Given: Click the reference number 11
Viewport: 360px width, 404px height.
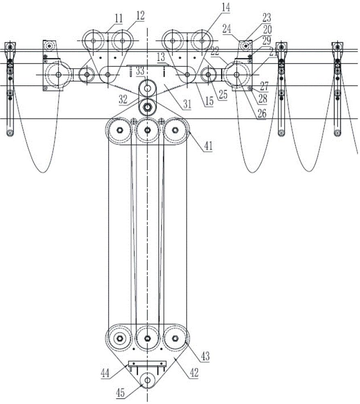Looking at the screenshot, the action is pos(119,19).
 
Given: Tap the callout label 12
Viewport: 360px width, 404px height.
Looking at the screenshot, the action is pos(140,16).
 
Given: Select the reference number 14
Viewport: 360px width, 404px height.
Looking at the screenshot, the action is pos(226,7).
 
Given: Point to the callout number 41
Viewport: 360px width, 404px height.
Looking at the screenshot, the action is pos(208,146).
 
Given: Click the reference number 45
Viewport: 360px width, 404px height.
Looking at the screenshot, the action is pos(121,392).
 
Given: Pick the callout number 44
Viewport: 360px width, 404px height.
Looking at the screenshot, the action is pos(105,373).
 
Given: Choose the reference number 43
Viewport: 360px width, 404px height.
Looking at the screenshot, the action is pos(205,356).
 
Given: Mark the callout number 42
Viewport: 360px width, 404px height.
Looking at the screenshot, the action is pos(194,372).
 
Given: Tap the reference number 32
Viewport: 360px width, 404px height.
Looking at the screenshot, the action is pos(123,99).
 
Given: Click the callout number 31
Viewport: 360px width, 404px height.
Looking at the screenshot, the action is pos(187,104).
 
